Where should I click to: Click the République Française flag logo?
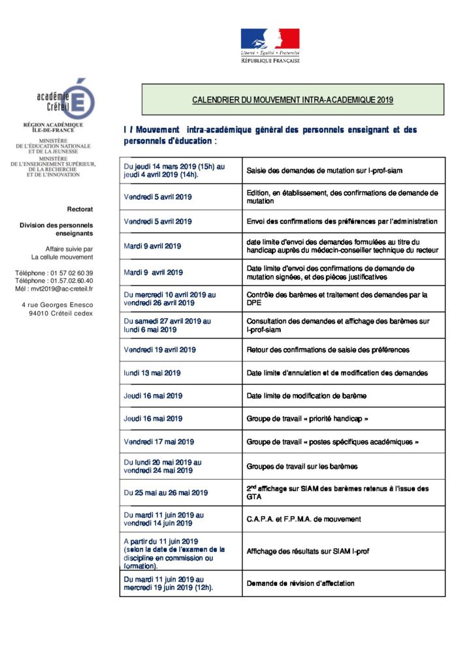(270, 45)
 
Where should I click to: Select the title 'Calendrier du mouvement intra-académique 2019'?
(293, 100)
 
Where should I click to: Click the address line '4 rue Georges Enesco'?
(57, 304)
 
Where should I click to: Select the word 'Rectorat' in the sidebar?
(80, 209)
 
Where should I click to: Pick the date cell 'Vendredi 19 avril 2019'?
(159, 350)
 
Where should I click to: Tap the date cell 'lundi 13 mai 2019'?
(152, 373)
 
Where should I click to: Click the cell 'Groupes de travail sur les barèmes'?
(302, 467)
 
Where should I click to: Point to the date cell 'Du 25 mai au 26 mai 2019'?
(166, 493)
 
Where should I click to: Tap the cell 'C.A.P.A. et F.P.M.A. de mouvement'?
(304, 519)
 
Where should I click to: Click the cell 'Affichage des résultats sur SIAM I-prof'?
(308, 551)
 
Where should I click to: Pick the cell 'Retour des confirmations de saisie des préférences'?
(328, 350)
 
